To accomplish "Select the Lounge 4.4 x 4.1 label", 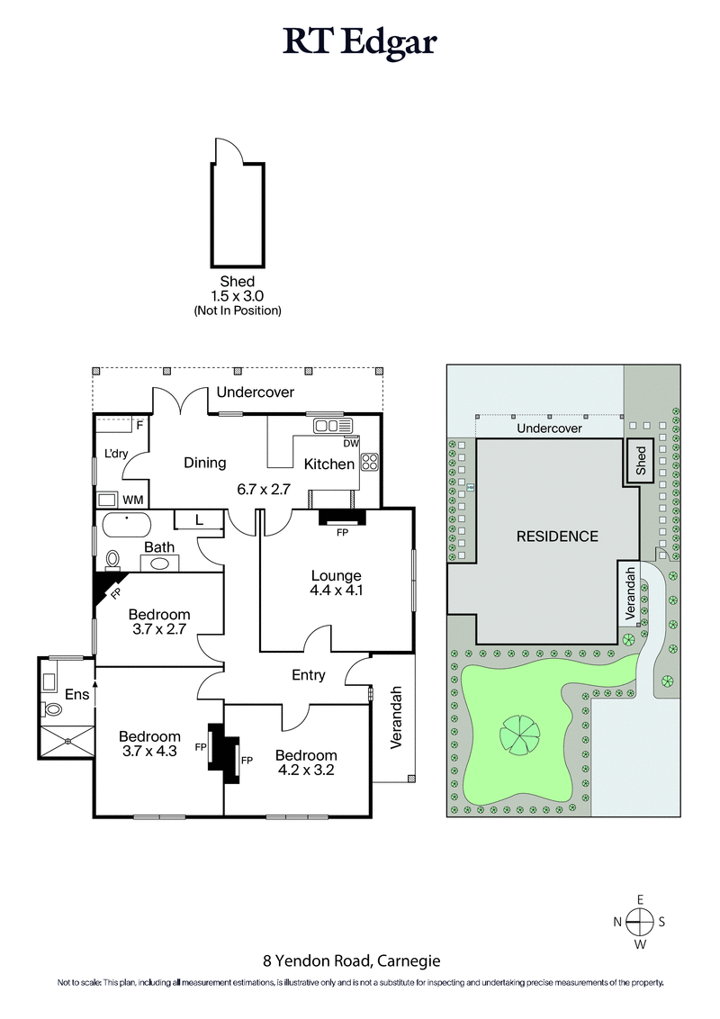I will pyautogui.click(x=336, y=583).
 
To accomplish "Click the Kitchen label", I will pyautogui.click(x=328, y=464).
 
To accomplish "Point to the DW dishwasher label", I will pyautogui.click(x=351, y=443).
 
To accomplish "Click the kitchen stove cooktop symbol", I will pyautogui.click(x=369, y=463).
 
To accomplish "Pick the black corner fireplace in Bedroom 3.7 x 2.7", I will pyautogui.click(x=105, y=587).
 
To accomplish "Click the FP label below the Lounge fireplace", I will pyautogui.click(x=342, y=533).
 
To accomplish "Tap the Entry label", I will pyautogui.click(x=309, y=675).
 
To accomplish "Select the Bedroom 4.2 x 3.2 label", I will pyautogui.click(x=306, y=762).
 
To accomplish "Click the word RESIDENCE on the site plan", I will pyautogui.click(x=557, y=537).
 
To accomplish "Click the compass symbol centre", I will pyautogui.click(x=640, y=921).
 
